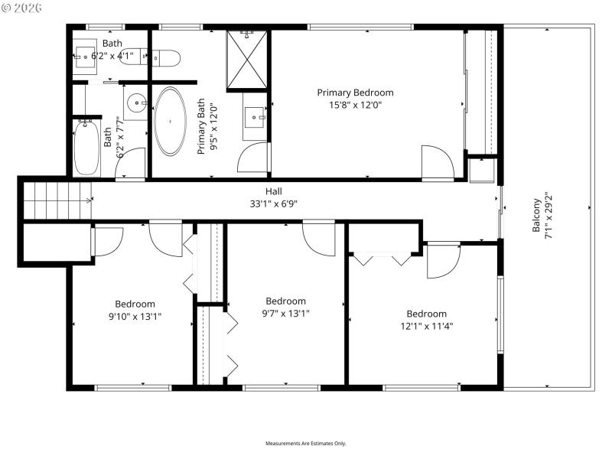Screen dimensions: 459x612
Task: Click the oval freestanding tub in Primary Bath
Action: click(170, 121)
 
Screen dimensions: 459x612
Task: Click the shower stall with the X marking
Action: click(247, 60)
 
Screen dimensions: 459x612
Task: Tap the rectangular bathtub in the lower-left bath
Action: click(86, 149)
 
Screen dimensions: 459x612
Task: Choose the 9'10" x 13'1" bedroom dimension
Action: click(135, 316)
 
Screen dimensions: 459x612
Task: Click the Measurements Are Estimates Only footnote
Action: click(306, 444)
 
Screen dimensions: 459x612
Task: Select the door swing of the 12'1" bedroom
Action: click(442, 260)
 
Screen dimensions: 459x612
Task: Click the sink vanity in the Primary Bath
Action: click(255, 118)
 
